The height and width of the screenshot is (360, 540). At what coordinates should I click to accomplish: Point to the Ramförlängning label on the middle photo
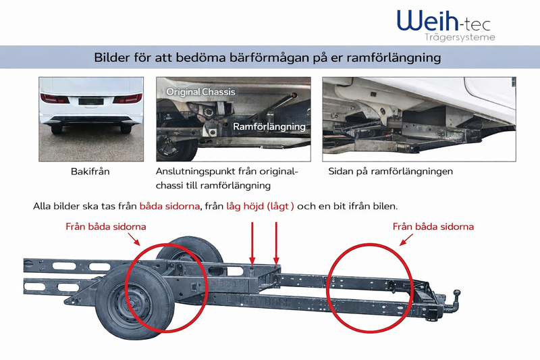coord(269,126)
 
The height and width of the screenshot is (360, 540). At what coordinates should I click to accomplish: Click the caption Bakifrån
coord(90,172)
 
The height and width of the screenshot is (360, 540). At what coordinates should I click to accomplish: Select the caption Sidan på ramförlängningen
coord(390,172)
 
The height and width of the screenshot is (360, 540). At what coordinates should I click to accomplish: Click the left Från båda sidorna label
coord(106,226)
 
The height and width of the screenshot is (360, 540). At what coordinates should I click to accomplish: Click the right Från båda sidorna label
coord(433,226)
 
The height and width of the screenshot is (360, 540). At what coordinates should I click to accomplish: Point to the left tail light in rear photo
coord(55,99)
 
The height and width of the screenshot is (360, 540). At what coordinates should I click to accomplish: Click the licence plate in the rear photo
coord(90,102)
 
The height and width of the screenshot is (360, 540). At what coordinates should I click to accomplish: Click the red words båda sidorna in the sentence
coord(170,205)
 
